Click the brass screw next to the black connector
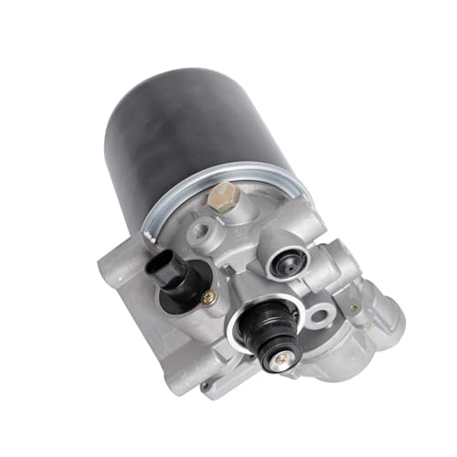209,295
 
